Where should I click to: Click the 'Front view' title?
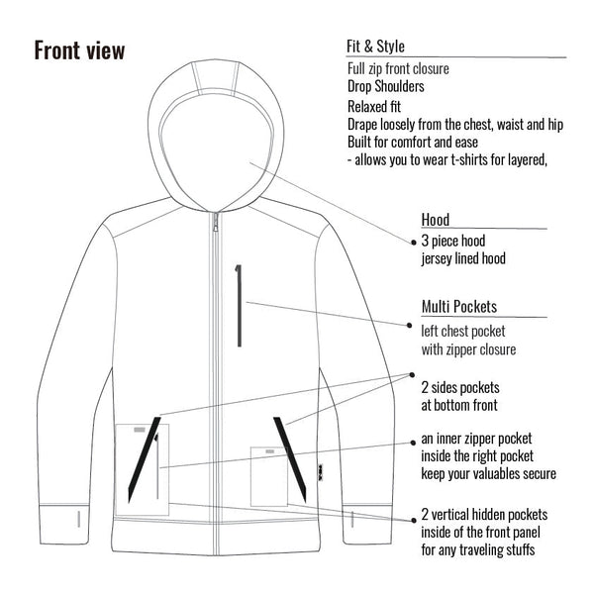pyautogui.click(x=79, y=50)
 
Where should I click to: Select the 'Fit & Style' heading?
pyautogui.click(x=375, y=47)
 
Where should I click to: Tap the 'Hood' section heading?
pyautogui.click(x=436, y=220)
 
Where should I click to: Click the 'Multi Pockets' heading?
pyautogui.click(x=459, y=307)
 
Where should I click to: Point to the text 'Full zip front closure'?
pyautogui.click(x=398, y=69)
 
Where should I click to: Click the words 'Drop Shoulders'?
pyautogui.click(x=386, y=86)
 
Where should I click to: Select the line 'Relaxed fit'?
pyautogui.click(x=374, y=107)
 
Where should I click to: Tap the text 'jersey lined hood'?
pyautogui.click(x=463, y=258)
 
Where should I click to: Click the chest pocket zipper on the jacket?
pyautogui.click(x=239, y=305)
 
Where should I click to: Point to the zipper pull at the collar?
pyautogui.click(x=216, y=222)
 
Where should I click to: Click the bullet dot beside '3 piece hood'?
pyautogui.click(x=414, y=243)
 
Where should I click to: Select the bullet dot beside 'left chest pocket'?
pyautogui.click(x=409, y=325)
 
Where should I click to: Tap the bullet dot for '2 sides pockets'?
pyautogui.click(x=412, y=374)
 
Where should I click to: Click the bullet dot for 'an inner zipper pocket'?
pyautogui.click(x=413, y=443)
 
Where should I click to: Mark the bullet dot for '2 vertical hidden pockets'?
pyautogui.click(x=414, y=521)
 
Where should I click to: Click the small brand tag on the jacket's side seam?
pyautogui.click(x=321, y=469)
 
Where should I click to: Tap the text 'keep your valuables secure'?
pyautogui.click(x=489, y=474)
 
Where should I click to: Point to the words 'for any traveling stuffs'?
pyautogui.click(x=478, y=549)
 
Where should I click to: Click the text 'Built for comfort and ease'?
pyautogui.click(x=413, y=143)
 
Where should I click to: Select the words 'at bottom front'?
pyautogui.click(x=459, y=405)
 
